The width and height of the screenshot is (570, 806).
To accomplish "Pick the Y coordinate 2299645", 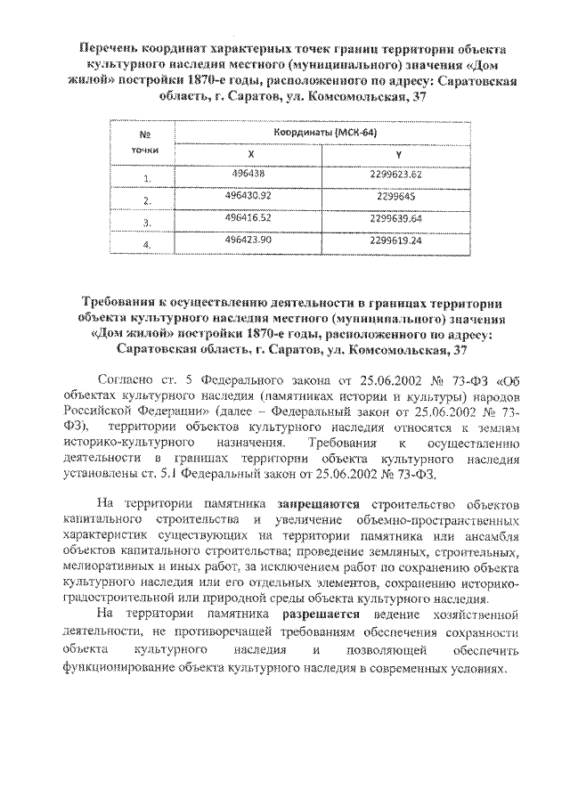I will (386, 195).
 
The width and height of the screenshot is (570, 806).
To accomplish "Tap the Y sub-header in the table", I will (386, 153).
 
